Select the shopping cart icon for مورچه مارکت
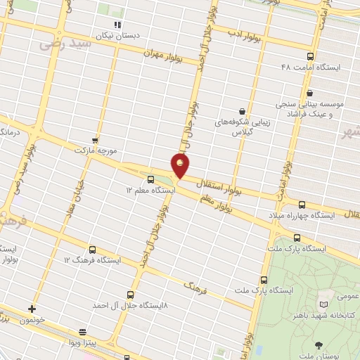click(x=95, y=141)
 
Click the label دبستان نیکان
click(x=118, y=34)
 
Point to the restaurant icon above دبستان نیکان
click(x=117, y=24)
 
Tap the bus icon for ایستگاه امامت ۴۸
click(x=310, y=56)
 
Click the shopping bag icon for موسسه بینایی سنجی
click(x=309, y=92)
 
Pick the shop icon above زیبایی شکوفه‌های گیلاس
click(x=242, y=110)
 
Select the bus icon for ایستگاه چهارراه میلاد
click(x=302, y=204)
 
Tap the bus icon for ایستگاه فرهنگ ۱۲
click(x=93, y=250)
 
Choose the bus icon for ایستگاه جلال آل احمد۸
click(x=130, y=295)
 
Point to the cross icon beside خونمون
click(x=32, y=309)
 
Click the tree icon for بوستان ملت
click(x=319, y=345)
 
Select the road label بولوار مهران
click(x=163, y=53)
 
